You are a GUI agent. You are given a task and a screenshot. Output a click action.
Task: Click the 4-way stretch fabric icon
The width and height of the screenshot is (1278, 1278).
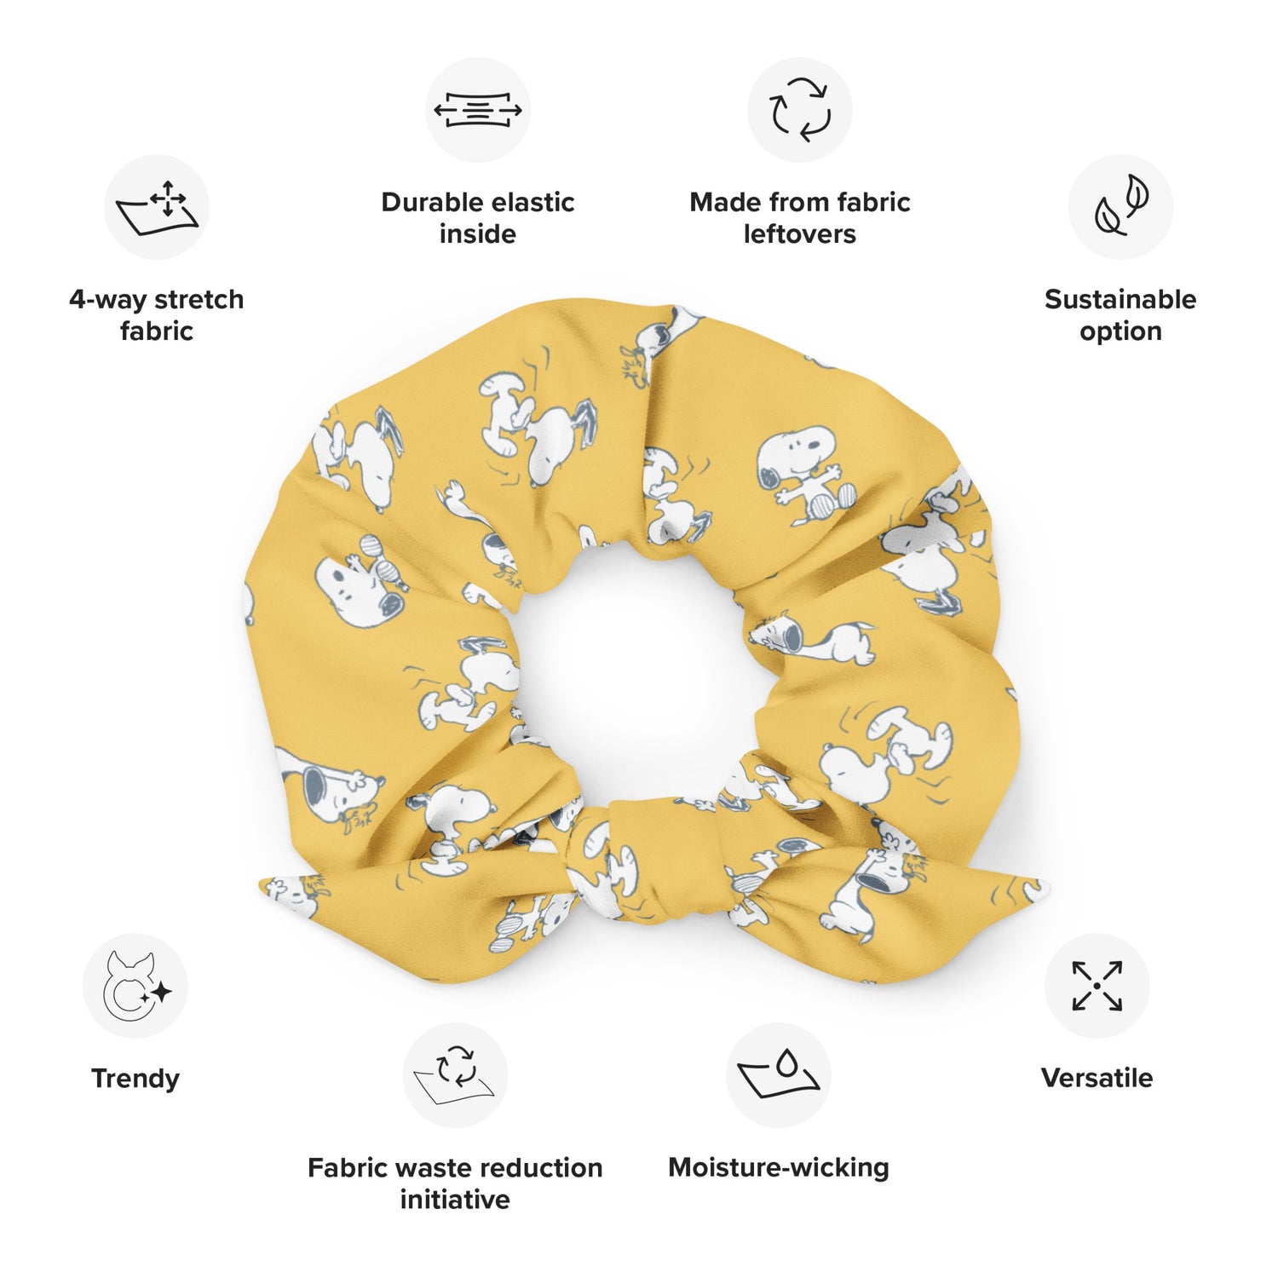(x=157, y=207)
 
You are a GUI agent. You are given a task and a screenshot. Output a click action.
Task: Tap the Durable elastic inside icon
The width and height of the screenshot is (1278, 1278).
(x=477, y=110)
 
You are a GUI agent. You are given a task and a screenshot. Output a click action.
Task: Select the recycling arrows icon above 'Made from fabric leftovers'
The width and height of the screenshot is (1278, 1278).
(x=799, y=110)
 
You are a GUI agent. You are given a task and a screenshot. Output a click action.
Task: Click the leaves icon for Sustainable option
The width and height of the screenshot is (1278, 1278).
(x=1120, y=207)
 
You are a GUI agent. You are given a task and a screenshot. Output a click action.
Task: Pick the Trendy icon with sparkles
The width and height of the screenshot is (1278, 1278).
(x=135, y=986)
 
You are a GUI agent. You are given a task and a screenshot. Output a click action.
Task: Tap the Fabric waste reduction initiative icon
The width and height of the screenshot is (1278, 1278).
(x=455, y=1075)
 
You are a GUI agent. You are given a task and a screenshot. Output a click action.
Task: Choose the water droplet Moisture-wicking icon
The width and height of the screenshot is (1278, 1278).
(x=779, y=1075)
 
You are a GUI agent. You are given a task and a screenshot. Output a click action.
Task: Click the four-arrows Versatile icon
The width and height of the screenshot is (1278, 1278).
(x=1097, y=986)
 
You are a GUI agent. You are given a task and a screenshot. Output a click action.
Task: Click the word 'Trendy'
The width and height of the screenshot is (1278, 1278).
(x=135, y=1079)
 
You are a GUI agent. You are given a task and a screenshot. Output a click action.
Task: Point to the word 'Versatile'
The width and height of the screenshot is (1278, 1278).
(x=1097, y=1078)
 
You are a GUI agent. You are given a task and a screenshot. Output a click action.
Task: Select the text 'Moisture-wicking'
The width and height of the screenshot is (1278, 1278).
(x=779, y=1167)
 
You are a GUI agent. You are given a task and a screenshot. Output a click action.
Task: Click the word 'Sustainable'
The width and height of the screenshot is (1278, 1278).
(x=1120, y=299)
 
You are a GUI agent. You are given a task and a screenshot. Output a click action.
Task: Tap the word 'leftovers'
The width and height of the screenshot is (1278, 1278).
(x=799, y=234)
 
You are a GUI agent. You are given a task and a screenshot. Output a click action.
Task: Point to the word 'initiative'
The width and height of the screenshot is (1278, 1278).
(x=455, y=1200)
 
